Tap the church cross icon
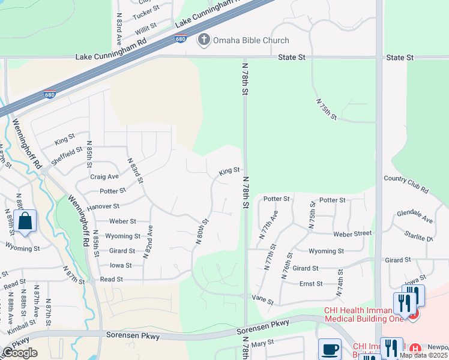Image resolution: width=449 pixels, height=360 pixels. [x=203, y=40]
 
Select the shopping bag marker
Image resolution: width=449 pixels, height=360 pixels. [x=26, y=221]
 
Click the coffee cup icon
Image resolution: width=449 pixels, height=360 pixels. [x=330, y=350]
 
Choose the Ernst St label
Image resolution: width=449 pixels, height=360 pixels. [x=311, y=284]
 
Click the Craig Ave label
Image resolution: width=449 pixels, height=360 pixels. [x=104, y=176]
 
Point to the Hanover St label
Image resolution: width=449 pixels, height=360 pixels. [x=103, y=206]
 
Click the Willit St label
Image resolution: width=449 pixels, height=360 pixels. [x=145, y=28]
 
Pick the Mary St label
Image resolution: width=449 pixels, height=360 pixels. [x=262, y=343]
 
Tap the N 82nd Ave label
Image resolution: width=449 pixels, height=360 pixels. [x=147, y=242]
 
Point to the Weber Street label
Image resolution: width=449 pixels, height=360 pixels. [x=352, y=233]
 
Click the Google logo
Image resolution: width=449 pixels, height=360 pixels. [x=20, y=353]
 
